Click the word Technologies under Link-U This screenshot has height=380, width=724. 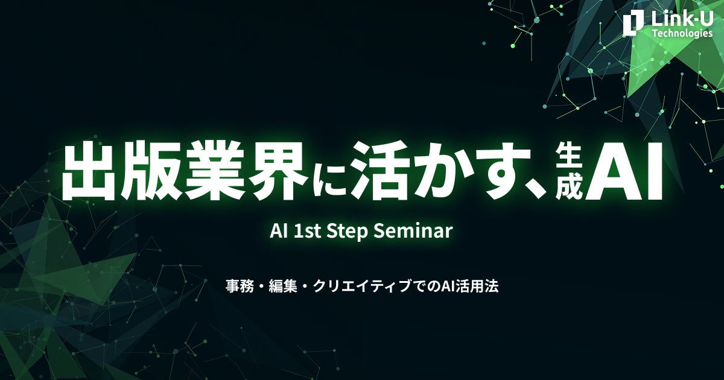(x=682, y=33)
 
